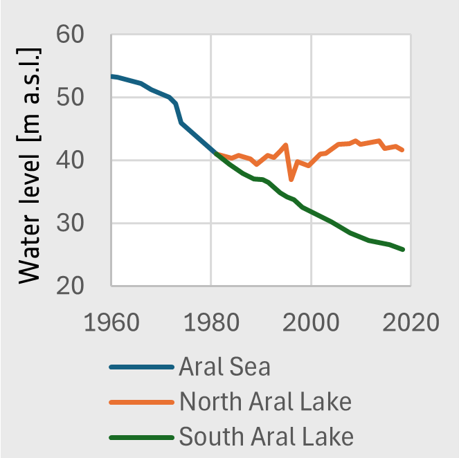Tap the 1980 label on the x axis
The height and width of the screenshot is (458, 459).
point(211,322)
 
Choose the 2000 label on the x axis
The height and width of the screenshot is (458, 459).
point(312,322)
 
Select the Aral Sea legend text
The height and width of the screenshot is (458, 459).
point(224,367)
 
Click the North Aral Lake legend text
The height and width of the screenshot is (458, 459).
point(265,401)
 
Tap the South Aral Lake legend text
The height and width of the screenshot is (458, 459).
point(267,437)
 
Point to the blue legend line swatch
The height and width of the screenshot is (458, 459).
point(141,367)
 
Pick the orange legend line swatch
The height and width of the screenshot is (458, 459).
point(141,402)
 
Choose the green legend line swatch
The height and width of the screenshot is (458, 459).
point(141,437)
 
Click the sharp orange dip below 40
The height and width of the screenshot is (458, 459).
point(291,179)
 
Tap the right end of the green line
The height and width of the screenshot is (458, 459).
point(403,249)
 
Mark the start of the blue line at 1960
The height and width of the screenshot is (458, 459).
point(111,76)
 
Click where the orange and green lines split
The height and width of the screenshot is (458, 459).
point(217,154)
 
